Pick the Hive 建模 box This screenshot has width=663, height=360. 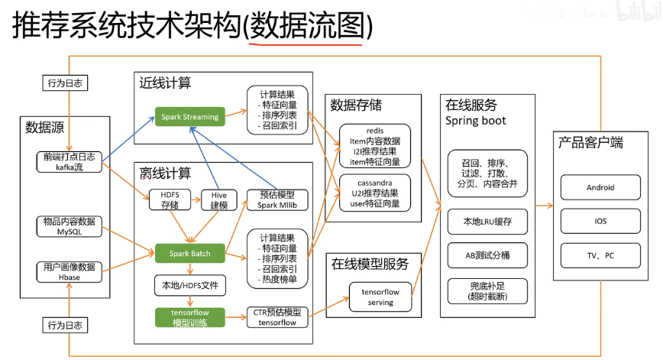coord(219,200)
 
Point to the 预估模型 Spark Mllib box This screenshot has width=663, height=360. coord(277,200)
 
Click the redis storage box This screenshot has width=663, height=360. coord(374,145)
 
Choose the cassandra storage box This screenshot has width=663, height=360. coord(374,194)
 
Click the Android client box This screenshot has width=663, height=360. coord(600,187)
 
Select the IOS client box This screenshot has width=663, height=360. coord(600,222)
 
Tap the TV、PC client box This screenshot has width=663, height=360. coord(600,255)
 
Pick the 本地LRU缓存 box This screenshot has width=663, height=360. coord(487,222)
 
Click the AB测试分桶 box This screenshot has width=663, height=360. coord(487,257)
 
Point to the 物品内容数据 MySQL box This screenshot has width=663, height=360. coord(69,226)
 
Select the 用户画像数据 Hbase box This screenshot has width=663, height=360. coord(69,271)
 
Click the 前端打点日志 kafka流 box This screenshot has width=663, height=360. coord(69,161)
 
